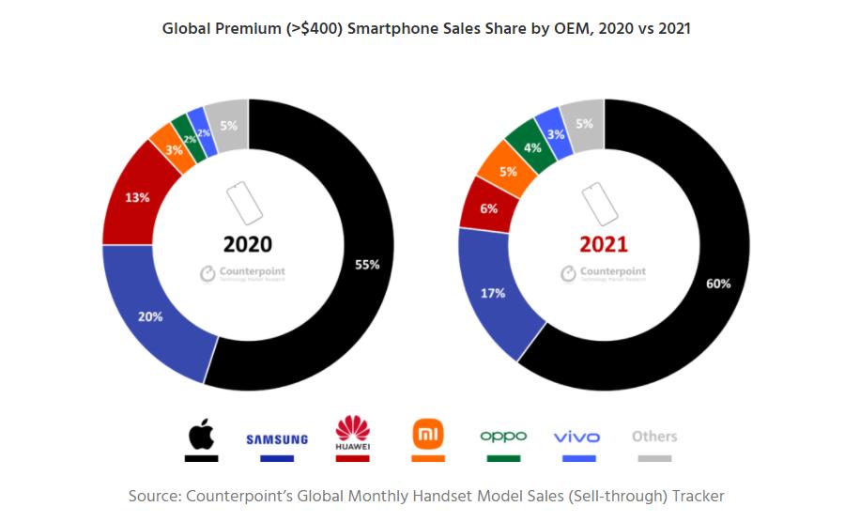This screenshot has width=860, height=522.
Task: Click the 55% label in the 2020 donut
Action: (x=367, y=266)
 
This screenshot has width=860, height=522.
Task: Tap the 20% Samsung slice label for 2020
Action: (x=151, y=316)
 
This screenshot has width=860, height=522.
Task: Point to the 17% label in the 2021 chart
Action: (x=493, y=293)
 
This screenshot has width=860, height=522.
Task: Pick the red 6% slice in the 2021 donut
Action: (x=488, y=208)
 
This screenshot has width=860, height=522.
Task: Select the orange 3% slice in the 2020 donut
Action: (x=173, y=150)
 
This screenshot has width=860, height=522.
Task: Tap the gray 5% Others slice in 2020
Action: (x=228, y=125)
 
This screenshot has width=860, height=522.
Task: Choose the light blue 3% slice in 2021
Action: (x=556, y=134)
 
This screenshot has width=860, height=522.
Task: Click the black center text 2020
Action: (x=248, y=245)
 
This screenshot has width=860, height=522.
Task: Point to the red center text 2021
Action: (x=604, y=245)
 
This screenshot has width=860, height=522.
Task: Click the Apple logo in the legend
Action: (x=201, y=436)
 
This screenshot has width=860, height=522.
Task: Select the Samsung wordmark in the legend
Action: (x=277, y=438)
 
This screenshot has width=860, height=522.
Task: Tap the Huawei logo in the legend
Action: (x=352, y=433)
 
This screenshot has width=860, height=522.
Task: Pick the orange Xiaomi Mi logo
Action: (x=427, y=434)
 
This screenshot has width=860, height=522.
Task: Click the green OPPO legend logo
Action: (x=503, y=437)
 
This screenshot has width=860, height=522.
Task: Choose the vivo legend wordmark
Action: (x=576, y=438)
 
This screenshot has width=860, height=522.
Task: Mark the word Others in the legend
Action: (x=654, y=436)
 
